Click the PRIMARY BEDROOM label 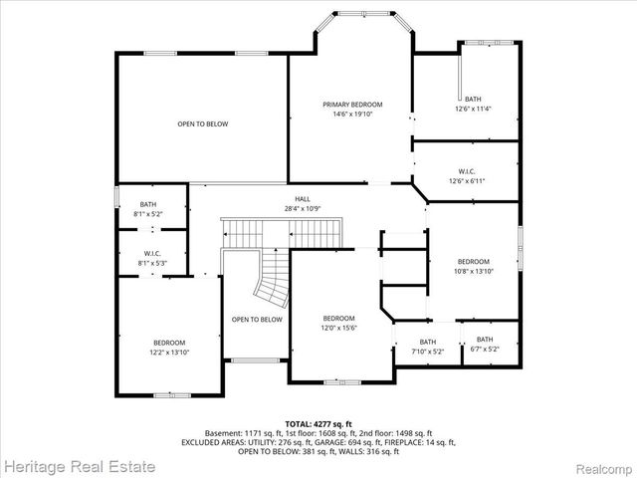(352, 105)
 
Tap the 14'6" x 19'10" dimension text (352, 114)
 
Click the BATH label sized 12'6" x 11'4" (473, 99)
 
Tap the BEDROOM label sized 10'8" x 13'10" (474, 261)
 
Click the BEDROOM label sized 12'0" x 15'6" (338, 318)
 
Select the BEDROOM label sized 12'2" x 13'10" (169, 343)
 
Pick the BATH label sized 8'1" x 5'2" (147, 204)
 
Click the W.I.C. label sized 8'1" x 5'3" (152, 253)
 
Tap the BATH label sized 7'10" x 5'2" (426, 342)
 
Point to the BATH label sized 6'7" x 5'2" (485, 340)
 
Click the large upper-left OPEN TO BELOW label (203, 123)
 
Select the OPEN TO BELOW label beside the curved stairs (257, 320)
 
